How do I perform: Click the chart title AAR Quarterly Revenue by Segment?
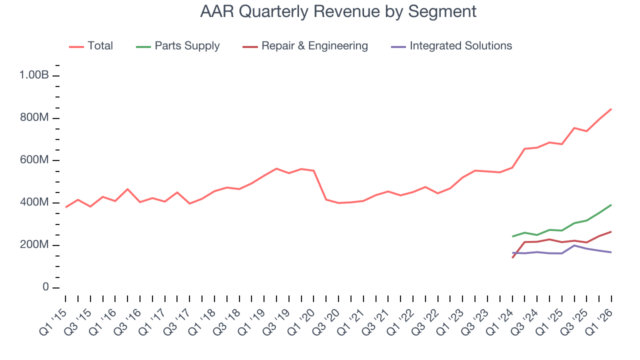pyautogui.click(x=338, y=11)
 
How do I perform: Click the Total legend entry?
pyautogui.click(x=100, y=46)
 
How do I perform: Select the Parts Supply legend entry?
pyautogui.click(x=186, y=46)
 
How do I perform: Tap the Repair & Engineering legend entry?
pyautogui.click(x=314, y=46)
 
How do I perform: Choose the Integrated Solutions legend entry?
pyautogui.click(x=460, y=46)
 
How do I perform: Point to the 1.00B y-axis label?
pyautogui.click(x=33, y=75)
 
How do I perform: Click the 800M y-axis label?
pyautogui.click(x=33, y=118)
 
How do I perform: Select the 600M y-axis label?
pyautogui.click(x=33, y=160)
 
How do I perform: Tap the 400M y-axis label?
pyautogui.click(x=33, y=203)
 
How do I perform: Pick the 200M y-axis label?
pyautogui.click(x=33, y=245)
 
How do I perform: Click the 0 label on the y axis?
pyautogui.click(x=45, y=287)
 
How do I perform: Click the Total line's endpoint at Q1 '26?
pyautogui.click(x=611, y=109)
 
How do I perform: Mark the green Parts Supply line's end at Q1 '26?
pyautogui.click(x=611, y=205)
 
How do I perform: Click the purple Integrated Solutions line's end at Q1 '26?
pyautogui.click(x=611, y=252)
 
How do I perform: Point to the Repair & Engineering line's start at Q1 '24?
pyautogui.click(x=512, y=257)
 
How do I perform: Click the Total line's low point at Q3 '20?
pyautogui.click(x=338, y=203)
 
